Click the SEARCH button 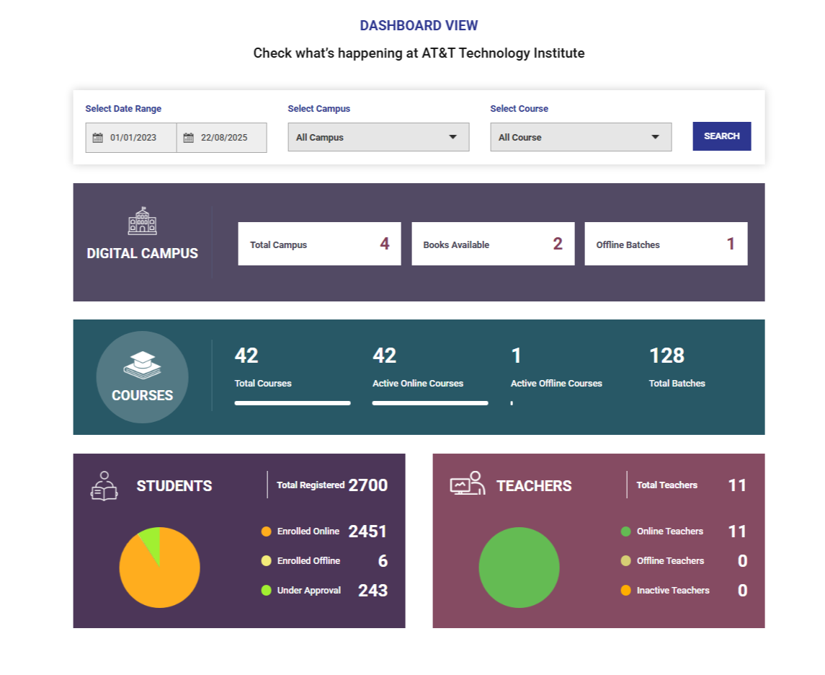tap(721, 136)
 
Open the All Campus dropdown tap(378, 137)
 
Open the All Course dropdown tap(581, 137)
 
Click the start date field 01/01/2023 tap(131, 138)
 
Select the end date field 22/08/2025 tap(222, 138)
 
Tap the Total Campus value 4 tap(385, 244)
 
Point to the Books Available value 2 tap(558, 244)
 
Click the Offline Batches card tap(666, 244)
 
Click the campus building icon tap(142, 221)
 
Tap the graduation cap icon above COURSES tap(142, 364)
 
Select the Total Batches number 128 tap(666, 356)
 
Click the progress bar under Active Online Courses tap(430, 403)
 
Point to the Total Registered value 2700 tap(367, 485)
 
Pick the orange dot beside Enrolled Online tap(266, 531)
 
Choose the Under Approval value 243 tap(373, 591)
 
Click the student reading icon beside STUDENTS tap(104, 486)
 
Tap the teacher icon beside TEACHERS tap(467, 484)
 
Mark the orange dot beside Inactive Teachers tap(625, 591)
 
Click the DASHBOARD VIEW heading tap(419, 26)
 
